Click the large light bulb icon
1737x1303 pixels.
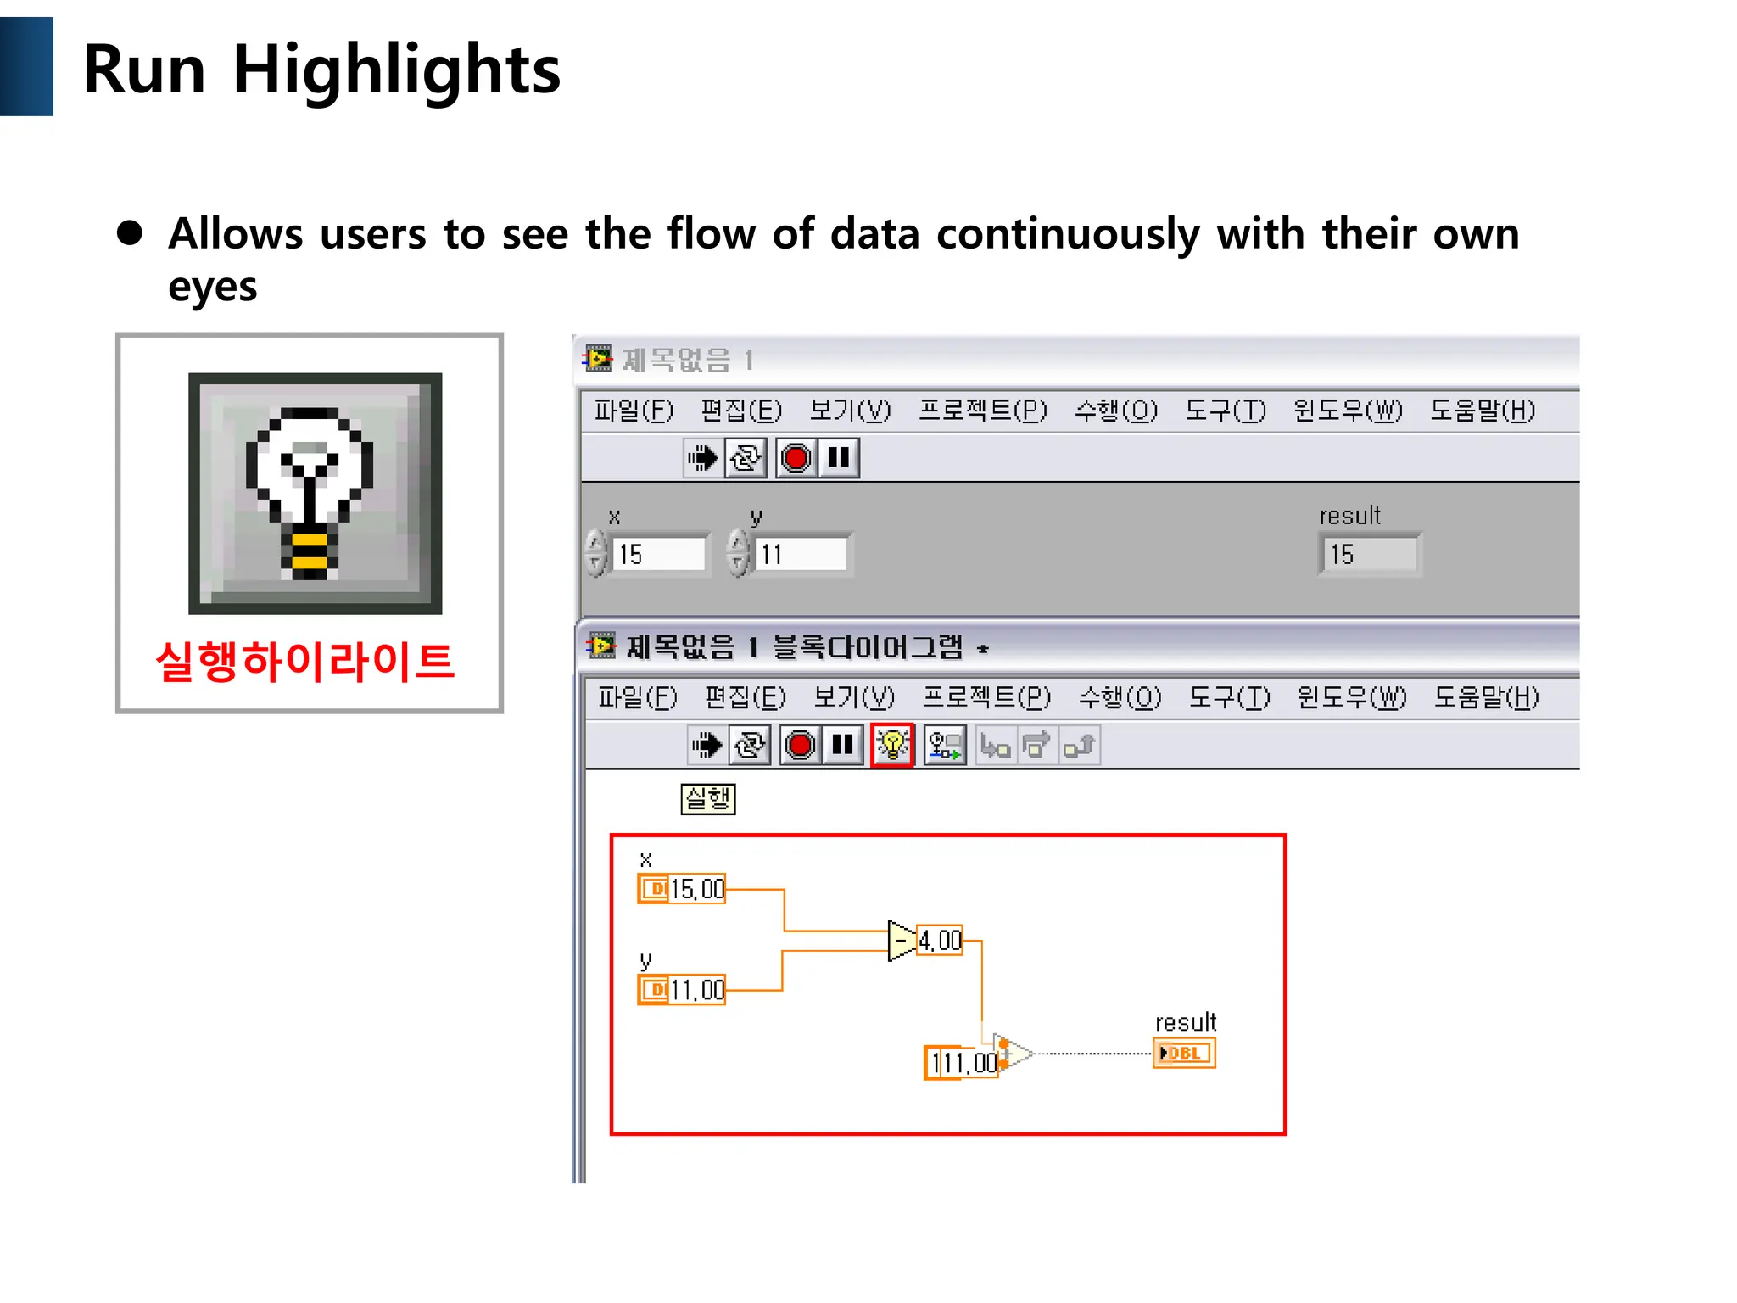[315, 493]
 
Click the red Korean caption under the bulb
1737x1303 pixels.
[305, 662]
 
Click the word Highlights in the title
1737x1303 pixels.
[395, 70]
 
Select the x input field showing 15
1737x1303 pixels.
[657, 554]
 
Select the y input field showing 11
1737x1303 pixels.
[800, 554]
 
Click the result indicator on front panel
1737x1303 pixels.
[1368, 554]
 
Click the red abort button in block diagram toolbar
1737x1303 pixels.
[800, 746]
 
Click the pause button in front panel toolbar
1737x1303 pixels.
[839, 458]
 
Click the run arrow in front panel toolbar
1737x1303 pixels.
[702, 458]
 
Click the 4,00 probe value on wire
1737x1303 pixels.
[940, 941]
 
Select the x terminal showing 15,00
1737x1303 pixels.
[682, 889]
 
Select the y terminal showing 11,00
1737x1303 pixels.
[682, 990]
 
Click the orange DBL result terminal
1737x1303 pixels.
[1184, 1053]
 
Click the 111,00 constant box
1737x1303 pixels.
[961, 1062]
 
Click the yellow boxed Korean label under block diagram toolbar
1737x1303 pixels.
[707, 798]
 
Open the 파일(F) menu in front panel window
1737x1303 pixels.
[633, 411]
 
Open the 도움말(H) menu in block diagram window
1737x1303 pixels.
[1486, 697]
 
